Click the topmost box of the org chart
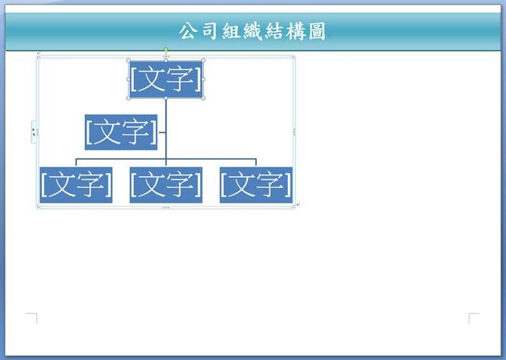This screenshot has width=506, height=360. [x=166, y=79]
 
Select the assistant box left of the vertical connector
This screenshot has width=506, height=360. [x=121, y=132]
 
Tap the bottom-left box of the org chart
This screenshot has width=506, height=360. [x=76, y=185]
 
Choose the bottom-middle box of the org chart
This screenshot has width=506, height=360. [x=166, y=185]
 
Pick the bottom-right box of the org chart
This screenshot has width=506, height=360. [x=256, y=185]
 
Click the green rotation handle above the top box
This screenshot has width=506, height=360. [x=166, y=49]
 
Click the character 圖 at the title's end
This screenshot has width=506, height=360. [x=317, y=31]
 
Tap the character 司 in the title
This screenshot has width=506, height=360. [x=209, y=31]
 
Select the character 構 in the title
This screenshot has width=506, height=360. [x=296, y=31]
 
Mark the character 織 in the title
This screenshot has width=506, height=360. [x=253, y=31]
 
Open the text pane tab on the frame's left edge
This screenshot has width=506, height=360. [x=33, y=132]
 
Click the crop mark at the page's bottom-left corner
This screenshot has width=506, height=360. [x=32, y=318]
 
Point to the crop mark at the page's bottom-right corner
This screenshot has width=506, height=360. [x=474, y=318]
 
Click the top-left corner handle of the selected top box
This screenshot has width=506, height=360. [x=128, y=61]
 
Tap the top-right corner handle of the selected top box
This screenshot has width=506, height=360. [x=203, y=61]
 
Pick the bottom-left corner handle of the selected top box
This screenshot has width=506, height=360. [x=128, y=98]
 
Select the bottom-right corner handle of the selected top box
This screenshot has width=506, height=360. [x=203, y=98]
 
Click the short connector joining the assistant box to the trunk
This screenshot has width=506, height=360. [x=162, y=132]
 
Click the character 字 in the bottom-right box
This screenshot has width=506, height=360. [x=272, y=184]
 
